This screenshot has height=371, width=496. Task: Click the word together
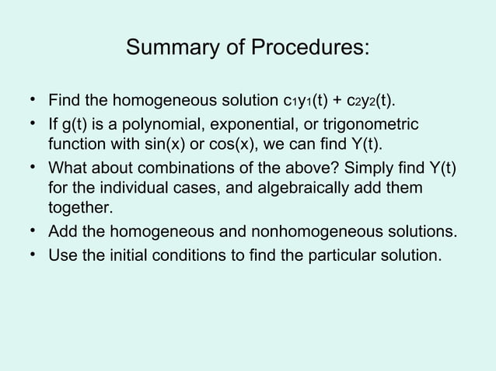(x=80, y=210)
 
